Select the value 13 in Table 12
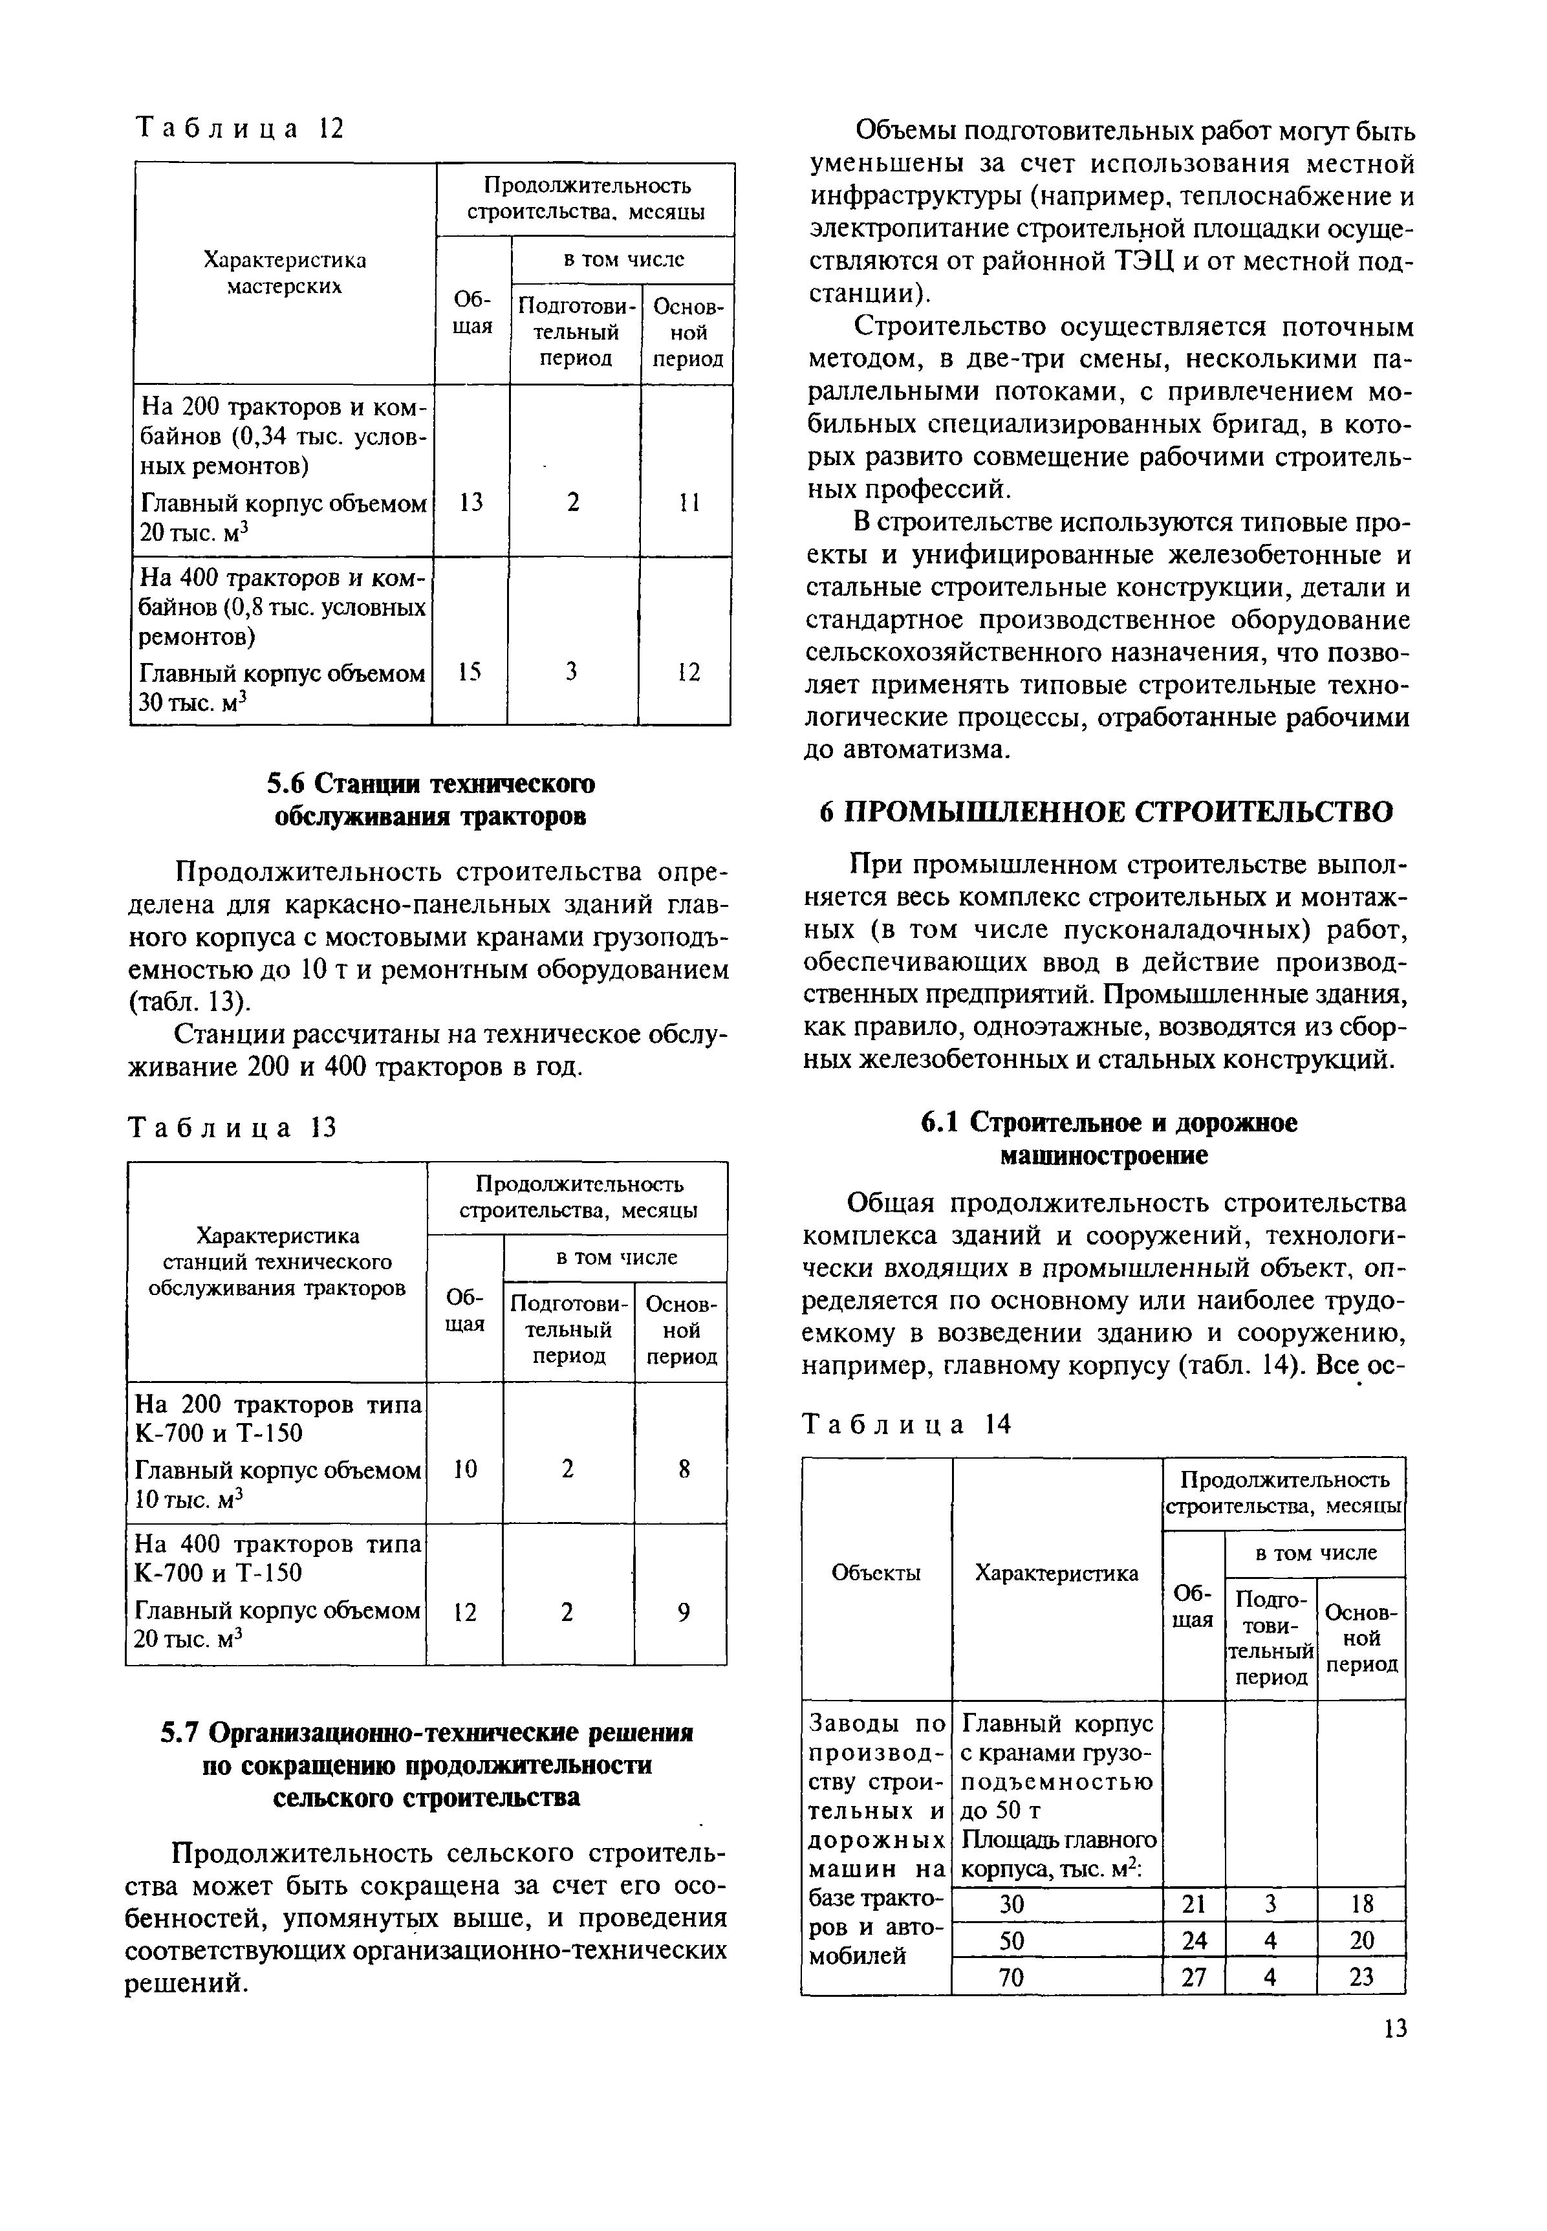[471, 502]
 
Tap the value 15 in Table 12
[470, 672]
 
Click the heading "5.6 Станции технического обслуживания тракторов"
[431, 799]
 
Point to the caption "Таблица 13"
[233, 1127]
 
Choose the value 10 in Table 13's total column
[465, 1470]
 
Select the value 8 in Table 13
[684, 1470]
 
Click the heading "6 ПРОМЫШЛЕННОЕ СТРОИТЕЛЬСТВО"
[1106, 811]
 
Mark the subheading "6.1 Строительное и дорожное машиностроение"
[1106, 1138]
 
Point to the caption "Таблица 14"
[907, 1423]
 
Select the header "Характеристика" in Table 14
[1057, 1573]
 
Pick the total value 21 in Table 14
[1193, 1903]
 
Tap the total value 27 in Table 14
[1193, 1977]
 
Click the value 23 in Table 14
[1361, 1977]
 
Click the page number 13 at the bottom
[1394, 2029]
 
